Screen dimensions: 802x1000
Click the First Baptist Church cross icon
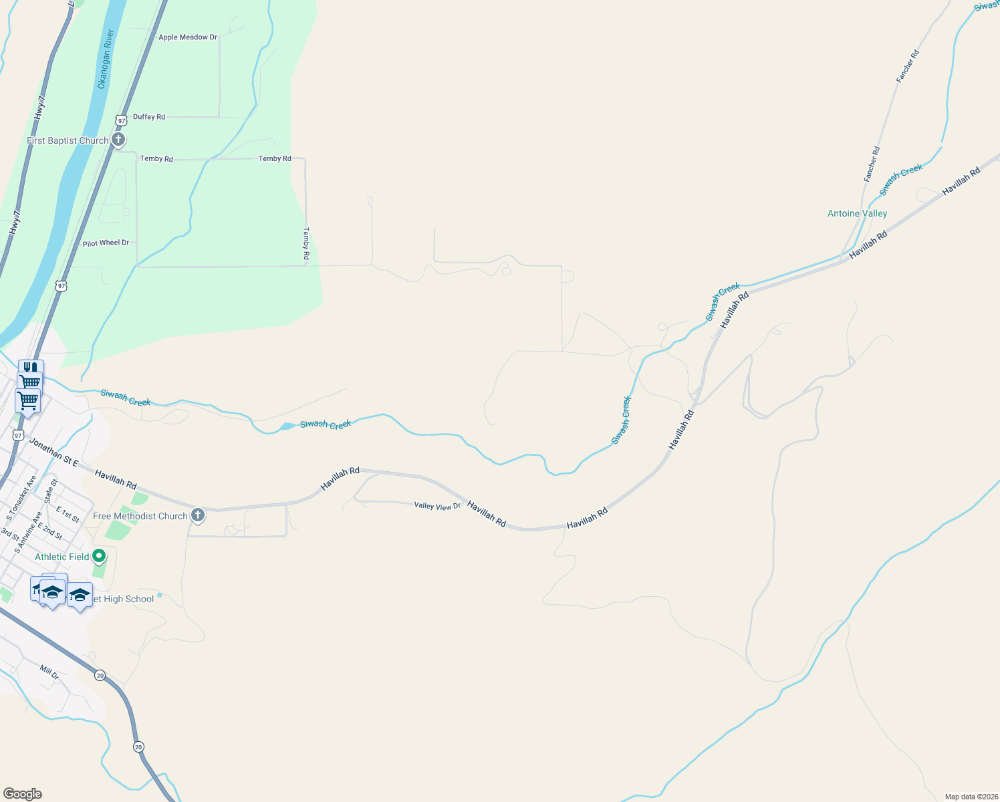click(x=118, y=140)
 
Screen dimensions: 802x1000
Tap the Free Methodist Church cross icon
click(x=197, y=515)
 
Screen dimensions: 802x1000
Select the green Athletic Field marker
click(x=99, y=556)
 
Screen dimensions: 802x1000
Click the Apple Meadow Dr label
click(x=188, y=37)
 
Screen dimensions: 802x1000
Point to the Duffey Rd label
click(x=149, y=117)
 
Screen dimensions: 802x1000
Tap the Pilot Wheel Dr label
click(x=106, y=243)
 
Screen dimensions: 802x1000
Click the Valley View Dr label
click(x=437, y=506)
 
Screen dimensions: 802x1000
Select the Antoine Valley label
click(x=857, y=214)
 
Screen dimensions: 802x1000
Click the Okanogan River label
click(x=106, y=59)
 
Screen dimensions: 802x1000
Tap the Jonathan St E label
click(x=53, y=452)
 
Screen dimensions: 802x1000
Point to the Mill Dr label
click(x=49, y=672)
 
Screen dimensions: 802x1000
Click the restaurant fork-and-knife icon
click(x=30, y=368)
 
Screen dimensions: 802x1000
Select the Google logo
click(x=23, y=794)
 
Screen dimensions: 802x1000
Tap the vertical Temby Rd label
click(x=306, y=243)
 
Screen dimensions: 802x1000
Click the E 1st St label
click(x=68, y=515)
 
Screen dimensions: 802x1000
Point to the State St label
click(x=51, y=491)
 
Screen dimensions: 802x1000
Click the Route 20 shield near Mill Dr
click(x=100, y=676)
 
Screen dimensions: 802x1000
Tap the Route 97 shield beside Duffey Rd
click(x=120, y=120)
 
